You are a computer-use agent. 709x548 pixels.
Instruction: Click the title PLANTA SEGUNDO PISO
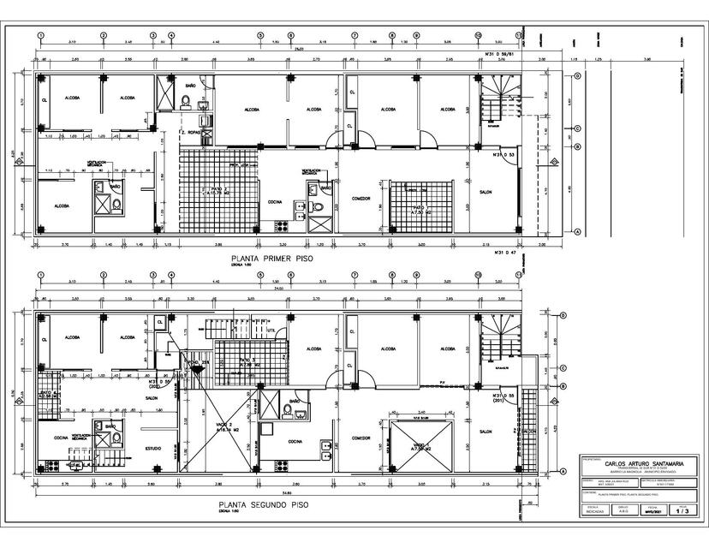[263, 504]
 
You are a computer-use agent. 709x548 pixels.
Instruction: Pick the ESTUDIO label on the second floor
[155, 447]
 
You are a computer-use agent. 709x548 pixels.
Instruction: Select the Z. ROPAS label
[189, 134]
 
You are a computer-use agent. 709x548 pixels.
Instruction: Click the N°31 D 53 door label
[503, 155]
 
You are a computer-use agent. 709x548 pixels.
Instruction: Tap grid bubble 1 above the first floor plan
[40, 37]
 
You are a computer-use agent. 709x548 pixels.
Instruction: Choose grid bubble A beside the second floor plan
[563, 472]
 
